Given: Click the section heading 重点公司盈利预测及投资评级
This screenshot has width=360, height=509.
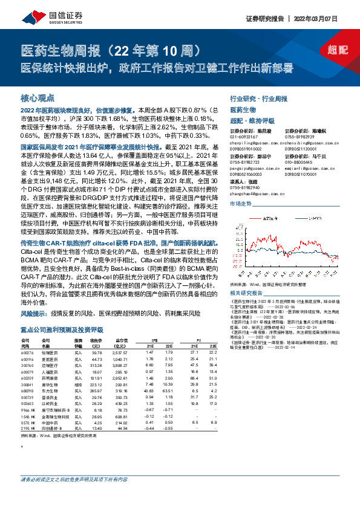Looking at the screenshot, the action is [57, 329].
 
